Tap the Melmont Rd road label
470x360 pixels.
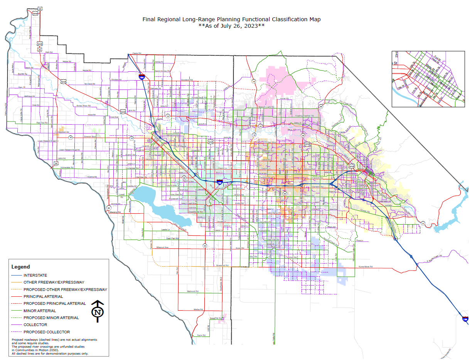point(192,291)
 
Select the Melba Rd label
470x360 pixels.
point(198,309)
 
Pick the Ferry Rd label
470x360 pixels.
point(200,335)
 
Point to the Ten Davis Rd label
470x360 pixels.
point(89,84)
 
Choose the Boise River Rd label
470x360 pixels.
point(83,105)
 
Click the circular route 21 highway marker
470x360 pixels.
point(423,223)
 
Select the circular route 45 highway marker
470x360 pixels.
point(205,245)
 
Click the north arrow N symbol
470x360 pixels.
point(98,311)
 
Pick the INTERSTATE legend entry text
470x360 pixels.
point(35,275)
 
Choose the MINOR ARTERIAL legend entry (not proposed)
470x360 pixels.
point(40,311)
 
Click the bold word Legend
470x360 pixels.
point(20,267)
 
